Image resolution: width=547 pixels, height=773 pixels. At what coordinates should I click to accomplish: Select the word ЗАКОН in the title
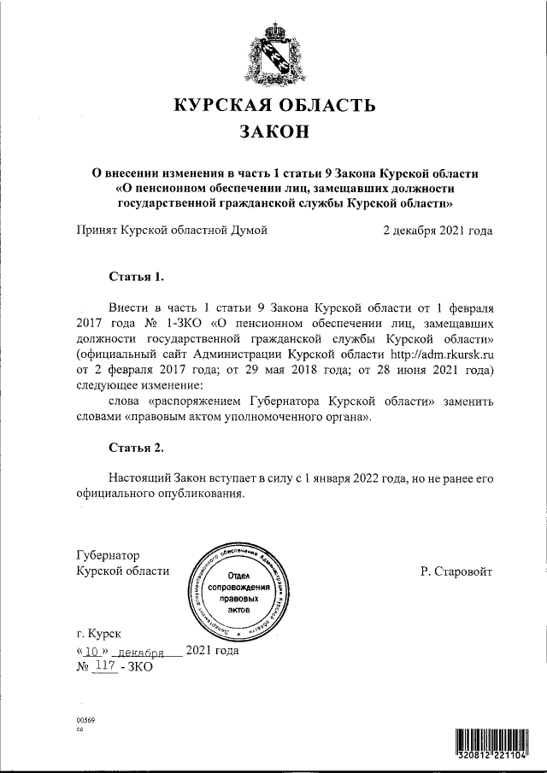coord(273,132)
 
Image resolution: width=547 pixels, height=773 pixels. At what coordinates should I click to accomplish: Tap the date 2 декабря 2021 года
coord(438,230)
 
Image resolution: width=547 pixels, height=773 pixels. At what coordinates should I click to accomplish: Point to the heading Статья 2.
coord(136,448)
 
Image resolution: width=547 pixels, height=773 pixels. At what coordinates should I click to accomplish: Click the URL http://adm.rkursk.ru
coord(443,353)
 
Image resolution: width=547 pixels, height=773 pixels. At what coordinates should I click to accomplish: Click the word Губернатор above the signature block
coord(109,554)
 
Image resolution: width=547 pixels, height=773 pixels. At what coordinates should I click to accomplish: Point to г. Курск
coord(99,634)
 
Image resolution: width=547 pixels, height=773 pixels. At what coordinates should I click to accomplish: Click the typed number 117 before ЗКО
coord(106,665)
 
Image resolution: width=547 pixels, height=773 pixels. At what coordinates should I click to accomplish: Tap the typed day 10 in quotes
coord(93,650)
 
